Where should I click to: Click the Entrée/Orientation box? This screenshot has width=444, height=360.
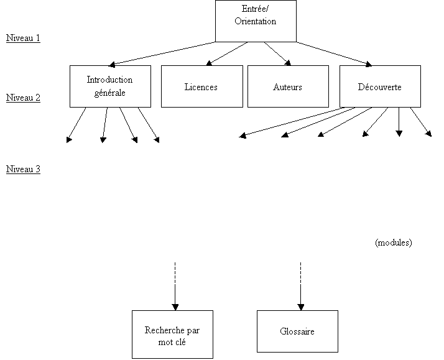tap(256, 21)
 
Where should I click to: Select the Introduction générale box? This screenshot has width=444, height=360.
tap(110, 86)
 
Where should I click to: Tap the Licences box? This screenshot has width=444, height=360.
tap(202, 86)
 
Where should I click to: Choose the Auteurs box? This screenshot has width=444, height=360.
tap(288, 86)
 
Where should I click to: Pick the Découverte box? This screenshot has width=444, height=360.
tap(380, 86)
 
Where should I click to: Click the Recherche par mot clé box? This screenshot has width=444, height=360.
tap(172, 335)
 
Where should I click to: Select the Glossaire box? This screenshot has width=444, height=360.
tap(297, 331)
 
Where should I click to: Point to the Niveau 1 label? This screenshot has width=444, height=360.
tap(23, 38)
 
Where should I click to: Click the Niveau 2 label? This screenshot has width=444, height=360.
tap(23, 98)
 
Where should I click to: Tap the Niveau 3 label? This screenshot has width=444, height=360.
tap(23, 169)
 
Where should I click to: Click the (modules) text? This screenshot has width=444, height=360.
tap(394, 242)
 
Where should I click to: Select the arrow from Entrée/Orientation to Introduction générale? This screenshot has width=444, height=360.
tap(162, 54)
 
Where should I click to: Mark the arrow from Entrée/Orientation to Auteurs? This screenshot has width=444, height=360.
tap(277, 53)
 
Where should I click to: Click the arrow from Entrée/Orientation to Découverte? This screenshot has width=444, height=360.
tap(334, 54)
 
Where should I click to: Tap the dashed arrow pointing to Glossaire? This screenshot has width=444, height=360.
tap(301, 287)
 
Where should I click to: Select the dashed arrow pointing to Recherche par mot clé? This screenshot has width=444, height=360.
tap(175, 287)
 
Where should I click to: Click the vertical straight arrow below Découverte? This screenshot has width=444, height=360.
tap(399, 122)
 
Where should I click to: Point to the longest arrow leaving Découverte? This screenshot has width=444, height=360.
tap(292, 122)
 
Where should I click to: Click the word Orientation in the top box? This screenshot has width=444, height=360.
tap(256, 21)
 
